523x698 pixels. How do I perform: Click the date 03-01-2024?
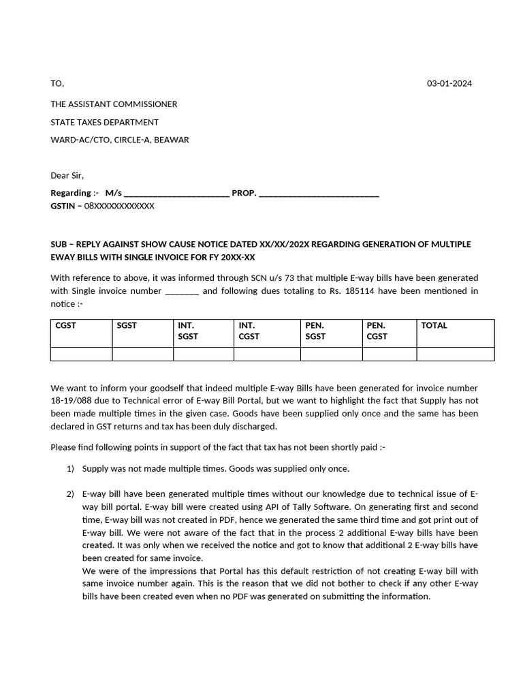pos(449,84)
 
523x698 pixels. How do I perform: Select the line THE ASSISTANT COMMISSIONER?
pos(114,104)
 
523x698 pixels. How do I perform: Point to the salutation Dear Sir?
pos(67,175)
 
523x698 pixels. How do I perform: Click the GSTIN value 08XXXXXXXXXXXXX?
pos(119,205)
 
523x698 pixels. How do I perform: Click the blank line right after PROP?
pos(319,194)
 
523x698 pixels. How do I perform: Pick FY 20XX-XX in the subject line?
pos(230,257)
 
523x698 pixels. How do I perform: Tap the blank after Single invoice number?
pos(182,292)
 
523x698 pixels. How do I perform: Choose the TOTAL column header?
pos(434,326)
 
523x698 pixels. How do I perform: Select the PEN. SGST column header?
pos(315,331)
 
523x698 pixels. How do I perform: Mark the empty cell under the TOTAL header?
pos(455,354)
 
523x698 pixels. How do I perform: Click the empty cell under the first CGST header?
pos(81,354)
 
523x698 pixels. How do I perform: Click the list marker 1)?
pos(70,469)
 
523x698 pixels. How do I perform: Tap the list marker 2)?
pos(70,494)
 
